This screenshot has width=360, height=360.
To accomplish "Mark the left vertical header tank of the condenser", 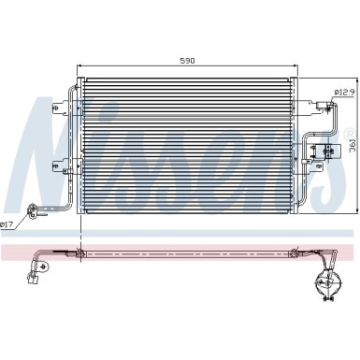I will [x=79, y=139].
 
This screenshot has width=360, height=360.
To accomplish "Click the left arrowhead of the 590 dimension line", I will [x=78, y=66].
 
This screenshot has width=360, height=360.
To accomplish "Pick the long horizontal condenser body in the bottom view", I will [x=187, y=253].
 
